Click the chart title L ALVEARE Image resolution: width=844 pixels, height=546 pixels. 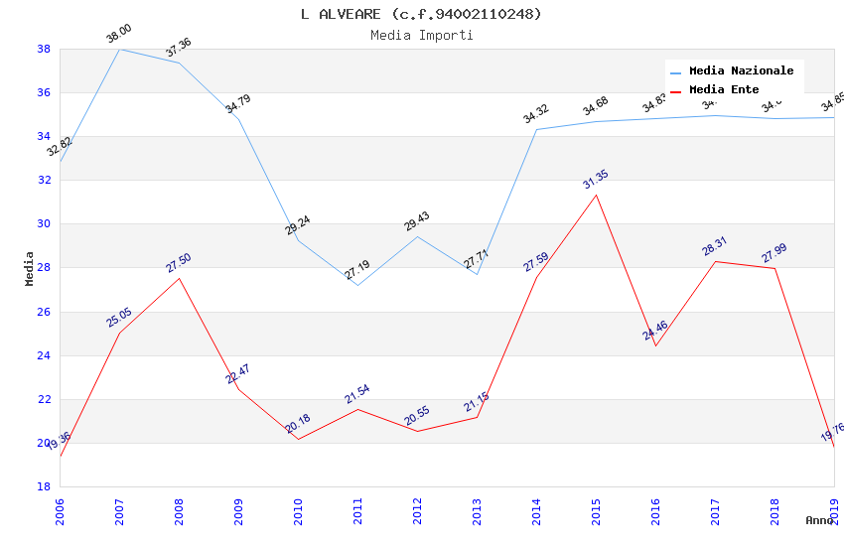tap(421, 14)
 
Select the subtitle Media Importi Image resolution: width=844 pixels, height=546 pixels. tap(421, 35)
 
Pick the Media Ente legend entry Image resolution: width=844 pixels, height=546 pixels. tap(724, 89)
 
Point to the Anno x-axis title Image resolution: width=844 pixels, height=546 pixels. tap(819, 520)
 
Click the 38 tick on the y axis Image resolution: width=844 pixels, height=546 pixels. tap(44, 49)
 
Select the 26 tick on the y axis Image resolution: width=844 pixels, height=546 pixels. tap(44, 312)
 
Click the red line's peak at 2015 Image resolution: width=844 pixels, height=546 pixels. tap(596, 195)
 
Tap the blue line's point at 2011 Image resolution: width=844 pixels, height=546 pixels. tap(357, 285)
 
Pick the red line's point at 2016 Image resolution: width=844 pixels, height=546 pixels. tap(655, 345)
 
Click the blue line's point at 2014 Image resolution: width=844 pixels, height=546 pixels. tap(536, 129)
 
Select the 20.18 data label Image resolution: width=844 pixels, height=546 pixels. tap(298, 424)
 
